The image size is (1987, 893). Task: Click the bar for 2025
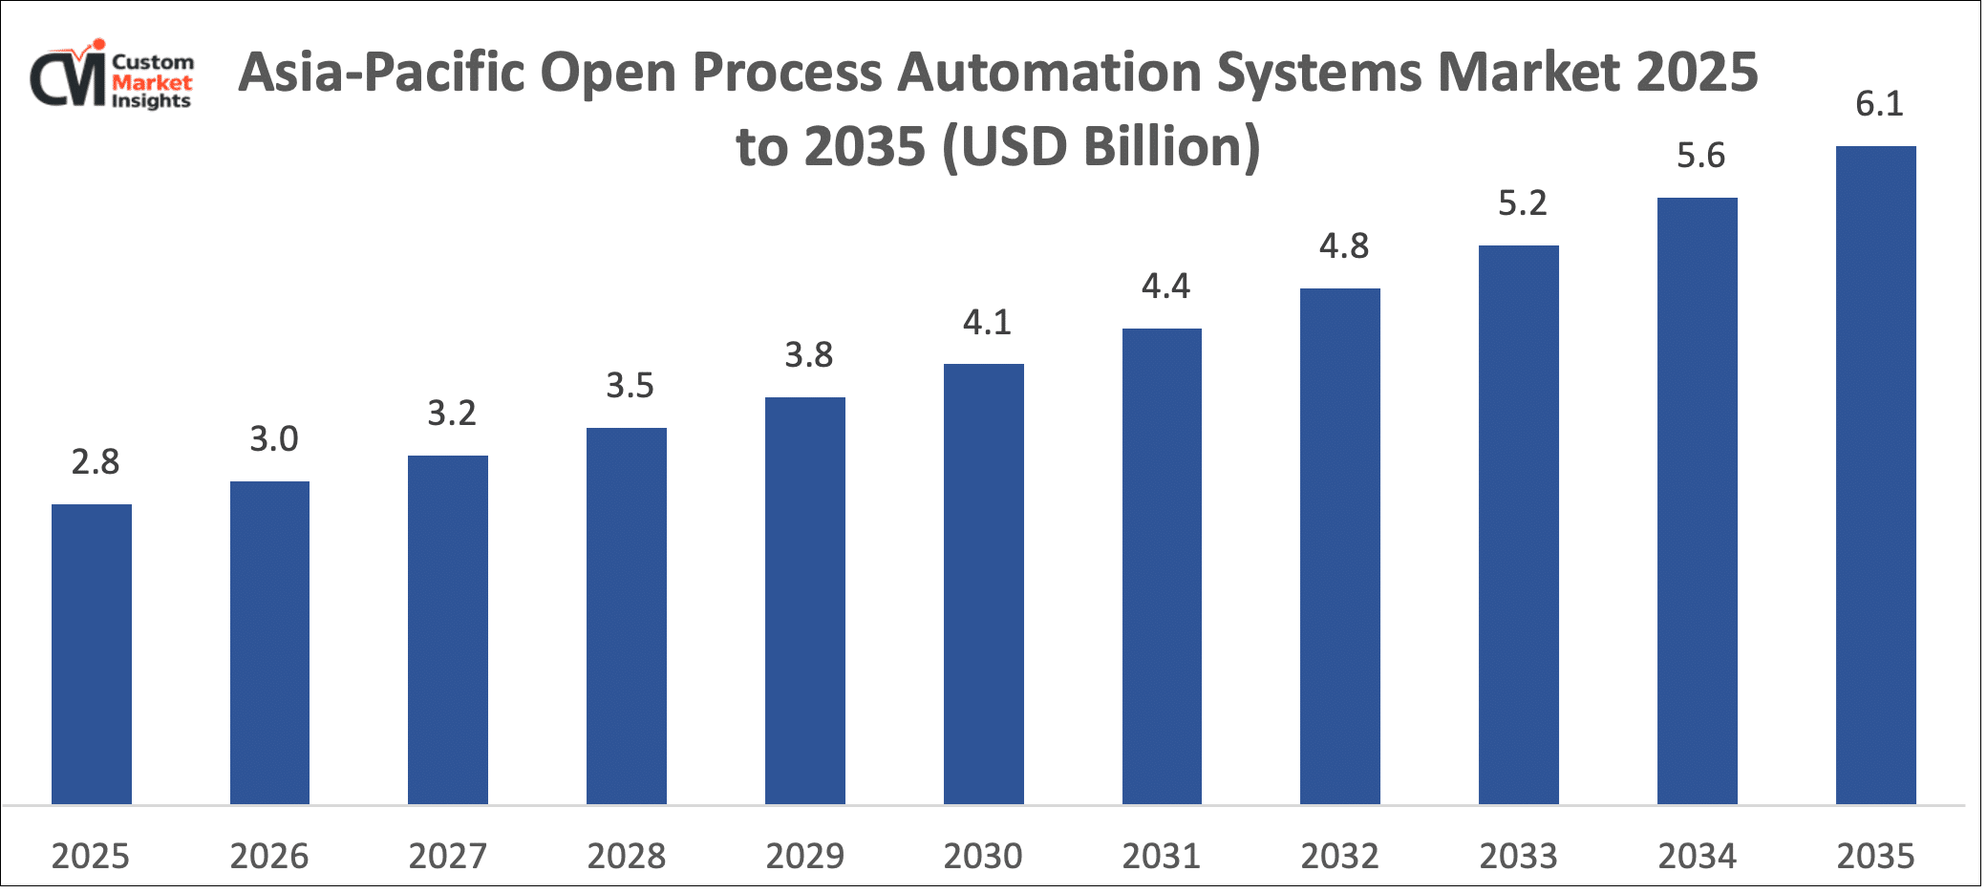click(92, 654)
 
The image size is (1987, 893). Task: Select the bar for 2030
click(983, 584)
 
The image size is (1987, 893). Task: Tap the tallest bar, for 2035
click(1875, 475)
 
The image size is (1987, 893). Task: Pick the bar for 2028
click(627, 616)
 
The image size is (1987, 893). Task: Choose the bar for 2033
click(1518, 524)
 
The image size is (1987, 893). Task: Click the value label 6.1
click(1879, 103)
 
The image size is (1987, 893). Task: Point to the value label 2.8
click(96, 462)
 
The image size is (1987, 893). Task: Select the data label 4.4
click(1165, 287)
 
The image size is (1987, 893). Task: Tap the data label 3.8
click(809, 355)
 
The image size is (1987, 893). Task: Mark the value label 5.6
click(1700, 156)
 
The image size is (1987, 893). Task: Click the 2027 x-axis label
click(448, 856)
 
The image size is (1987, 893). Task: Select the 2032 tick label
click(1339, 856)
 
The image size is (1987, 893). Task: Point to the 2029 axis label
click(804, 856)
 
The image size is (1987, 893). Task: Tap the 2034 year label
click(1697, 856)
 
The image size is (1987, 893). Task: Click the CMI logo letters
click(67, 78)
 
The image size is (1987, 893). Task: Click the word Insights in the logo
click(151, 101)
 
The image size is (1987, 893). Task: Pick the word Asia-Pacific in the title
click(381, 73)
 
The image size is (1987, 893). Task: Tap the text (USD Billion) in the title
click(1101, 147)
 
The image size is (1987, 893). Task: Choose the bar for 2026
click(269, 643)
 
